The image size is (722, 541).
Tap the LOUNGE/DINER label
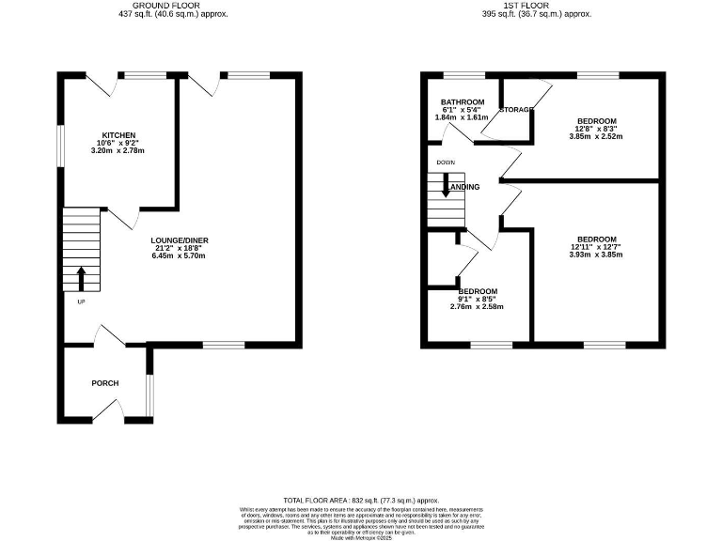[x=178, y=240]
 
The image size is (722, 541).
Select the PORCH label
[x=104, y=383]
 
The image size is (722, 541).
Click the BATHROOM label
[x=463, y=102]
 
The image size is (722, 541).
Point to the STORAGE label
[x=516, y=110]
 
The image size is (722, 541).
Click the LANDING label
[x=463, y=187]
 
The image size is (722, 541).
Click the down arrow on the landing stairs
[x=447, y=185]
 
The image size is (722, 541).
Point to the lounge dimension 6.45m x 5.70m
[x=178, y=255]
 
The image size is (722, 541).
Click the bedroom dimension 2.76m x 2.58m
[x=477, y=307]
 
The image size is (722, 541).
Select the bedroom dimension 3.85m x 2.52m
[x=597, y=136]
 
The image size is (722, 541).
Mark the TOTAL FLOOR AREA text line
[x=361, y=501]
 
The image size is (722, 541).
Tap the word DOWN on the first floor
[x=445, y=162]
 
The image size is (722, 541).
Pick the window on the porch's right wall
[x=149, y=395]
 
